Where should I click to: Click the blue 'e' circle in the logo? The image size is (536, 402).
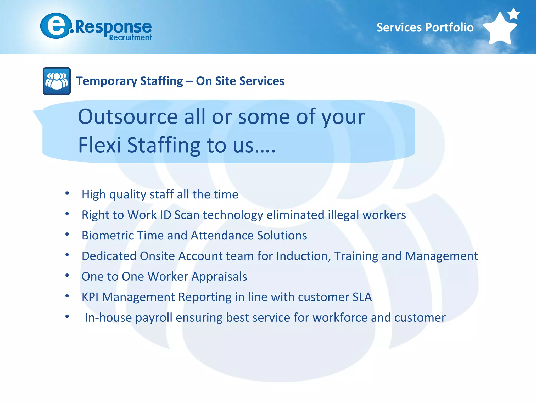[x=56, y=26]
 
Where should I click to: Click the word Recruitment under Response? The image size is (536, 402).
[x=130, y=38]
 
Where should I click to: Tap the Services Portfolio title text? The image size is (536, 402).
[x=425, y=27]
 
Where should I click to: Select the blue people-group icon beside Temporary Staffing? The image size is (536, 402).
[x=57, y=81]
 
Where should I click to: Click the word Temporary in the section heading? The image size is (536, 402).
[x=107, y=81]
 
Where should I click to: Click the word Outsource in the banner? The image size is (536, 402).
[x=128, y=117]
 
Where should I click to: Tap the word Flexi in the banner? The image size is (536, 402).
[x=99, y=145]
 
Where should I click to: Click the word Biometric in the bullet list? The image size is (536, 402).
[x=108, y=235]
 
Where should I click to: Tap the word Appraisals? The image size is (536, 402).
[x=219, y=277]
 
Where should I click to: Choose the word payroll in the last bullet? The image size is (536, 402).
[x=154, y=318]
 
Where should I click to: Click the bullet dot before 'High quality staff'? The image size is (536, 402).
[x=67, y=193]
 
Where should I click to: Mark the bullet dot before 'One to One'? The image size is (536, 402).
[x=67, y=275]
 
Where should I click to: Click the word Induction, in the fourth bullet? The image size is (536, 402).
[x=304, y=256]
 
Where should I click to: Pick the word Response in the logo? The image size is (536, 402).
[x=113, y=27]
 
